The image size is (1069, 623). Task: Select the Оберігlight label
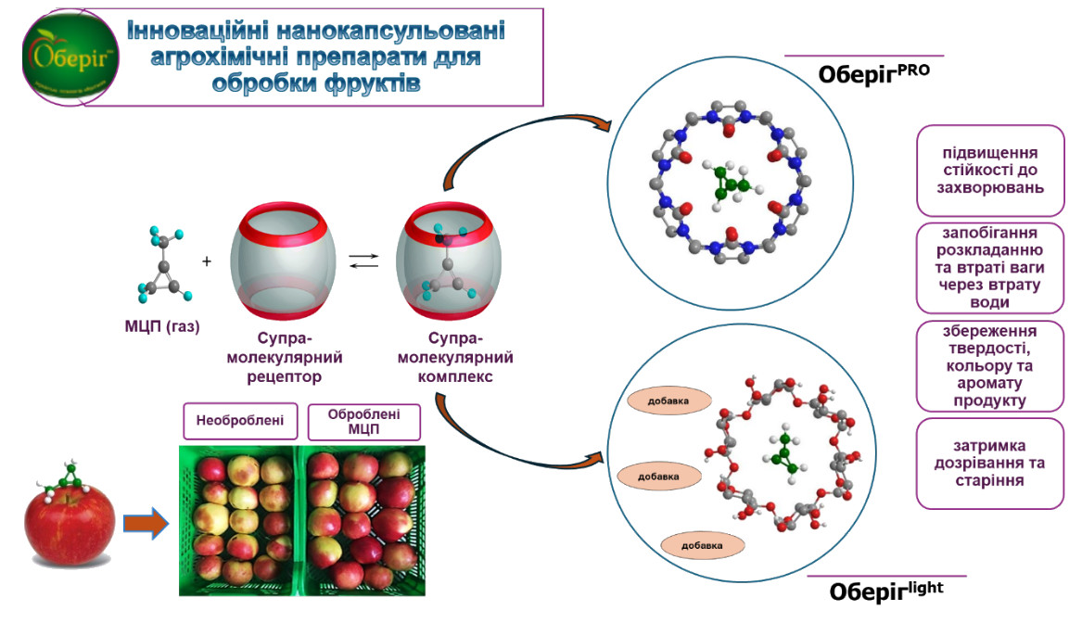(x=884, y=591)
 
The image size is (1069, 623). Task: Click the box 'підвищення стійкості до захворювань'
(x=990, y=170)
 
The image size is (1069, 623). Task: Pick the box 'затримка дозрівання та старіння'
(x=990, y=464)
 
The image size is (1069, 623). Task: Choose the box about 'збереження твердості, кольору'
(x=990, y=366)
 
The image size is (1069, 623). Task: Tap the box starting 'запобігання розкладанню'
(x=990, y=267)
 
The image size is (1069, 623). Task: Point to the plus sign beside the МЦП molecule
(x=207, y=262)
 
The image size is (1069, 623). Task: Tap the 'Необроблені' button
(x=239, y=423)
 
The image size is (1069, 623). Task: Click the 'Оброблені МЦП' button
(x=363, y=422)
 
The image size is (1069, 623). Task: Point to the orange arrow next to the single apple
(x=146, y=525)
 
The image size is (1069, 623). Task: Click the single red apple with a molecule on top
(x=70, y=524)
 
